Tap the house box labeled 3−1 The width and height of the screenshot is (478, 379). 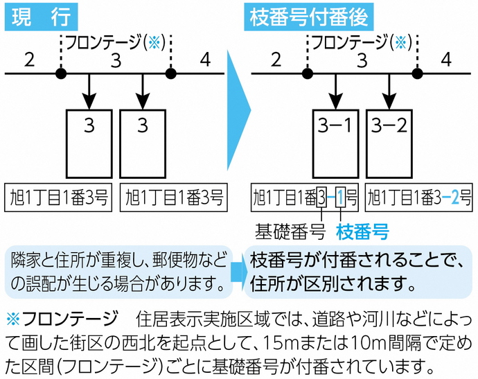click(x=336, y=142)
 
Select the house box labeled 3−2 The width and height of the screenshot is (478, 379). click(x=391, y=142)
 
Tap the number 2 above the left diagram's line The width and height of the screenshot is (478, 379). click(x=29, y=60)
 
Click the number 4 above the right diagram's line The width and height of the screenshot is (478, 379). click(x=446, y=60)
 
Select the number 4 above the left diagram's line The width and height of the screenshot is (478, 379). click(x=204, y=60)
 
